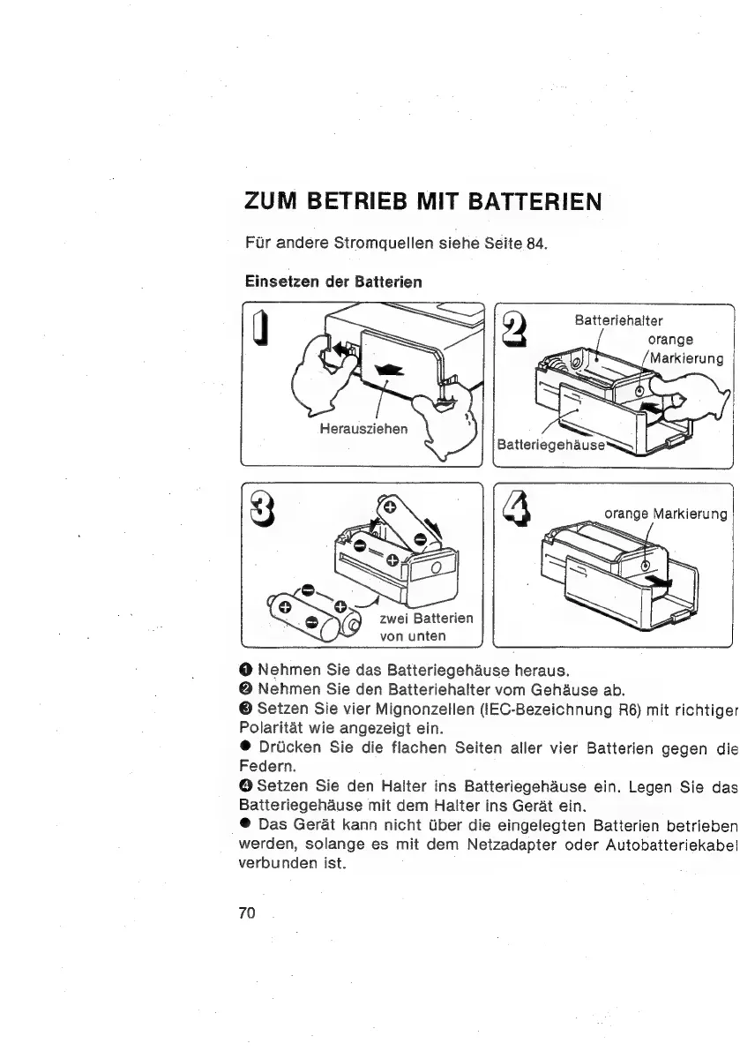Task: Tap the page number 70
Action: [246, 912]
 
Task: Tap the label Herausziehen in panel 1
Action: [364, 429]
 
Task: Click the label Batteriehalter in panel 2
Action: [618, 319]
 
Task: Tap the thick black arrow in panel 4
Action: [657, 580]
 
